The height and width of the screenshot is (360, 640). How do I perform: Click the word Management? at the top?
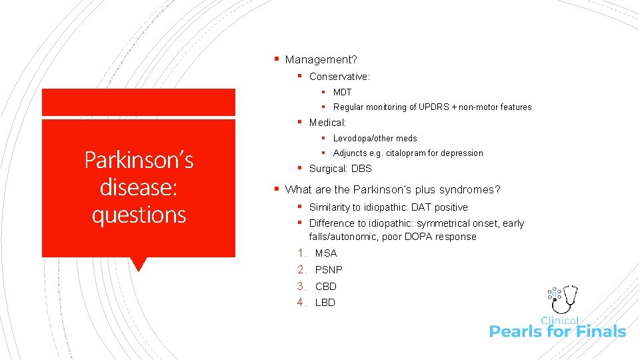[x=321, y=60]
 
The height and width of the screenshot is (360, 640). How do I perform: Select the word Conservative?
[x=339, y=77]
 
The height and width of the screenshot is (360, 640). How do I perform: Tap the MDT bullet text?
[x=342, y=92]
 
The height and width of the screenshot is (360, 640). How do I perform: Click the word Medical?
[x=327, y=123]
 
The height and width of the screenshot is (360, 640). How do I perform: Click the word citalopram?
[x=407, y=153]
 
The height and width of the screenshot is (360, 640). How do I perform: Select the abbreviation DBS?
[x=361, y=169]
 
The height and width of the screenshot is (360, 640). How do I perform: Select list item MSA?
[x=326, y=253]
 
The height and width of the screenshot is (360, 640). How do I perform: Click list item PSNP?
[x=329, y=270]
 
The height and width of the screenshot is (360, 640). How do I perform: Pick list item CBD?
[x=326, y=287]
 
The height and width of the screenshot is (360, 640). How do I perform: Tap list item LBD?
[x=325, y=303]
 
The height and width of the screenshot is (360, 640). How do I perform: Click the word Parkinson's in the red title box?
[x=139, y=160]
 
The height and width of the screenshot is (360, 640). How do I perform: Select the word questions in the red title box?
[x=139, y=215]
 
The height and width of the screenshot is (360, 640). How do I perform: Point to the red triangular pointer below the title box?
[x=139, y=264]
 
